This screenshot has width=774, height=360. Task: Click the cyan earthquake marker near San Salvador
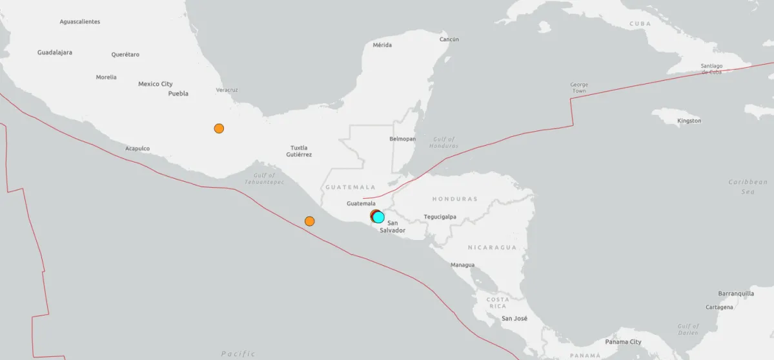click(379, 217)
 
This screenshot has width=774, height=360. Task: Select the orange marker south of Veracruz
click(219, 128)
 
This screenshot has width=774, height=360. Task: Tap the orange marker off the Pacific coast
click(309, 221)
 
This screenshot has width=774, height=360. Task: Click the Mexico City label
click(156, 84)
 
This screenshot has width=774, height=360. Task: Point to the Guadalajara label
click(55, 52)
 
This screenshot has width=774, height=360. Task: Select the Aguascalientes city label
click(80, 21)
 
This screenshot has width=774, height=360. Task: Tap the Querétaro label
click(125, 55)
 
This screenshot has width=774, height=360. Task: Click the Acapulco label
click(137, 148)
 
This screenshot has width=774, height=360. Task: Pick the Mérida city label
click(382, 45)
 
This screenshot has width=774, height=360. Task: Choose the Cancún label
click(449, 39)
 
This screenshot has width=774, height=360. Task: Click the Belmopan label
click(403, 139)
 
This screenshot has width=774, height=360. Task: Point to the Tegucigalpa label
click(440, 217)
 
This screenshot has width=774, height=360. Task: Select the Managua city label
click(462, 265)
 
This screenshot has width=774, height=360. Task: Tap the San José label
click(514, 319)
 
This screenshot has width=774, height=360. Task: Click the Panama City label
click(624, 342)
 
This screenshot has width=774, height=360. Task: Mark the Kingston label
click(689, 121)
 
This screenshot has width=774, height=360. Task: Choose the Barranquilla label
click(736, 294)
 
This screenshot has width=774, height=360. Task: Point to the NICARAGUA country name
click(493, 248)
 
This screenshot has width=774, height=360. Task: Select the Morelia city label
click(107, 77)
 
